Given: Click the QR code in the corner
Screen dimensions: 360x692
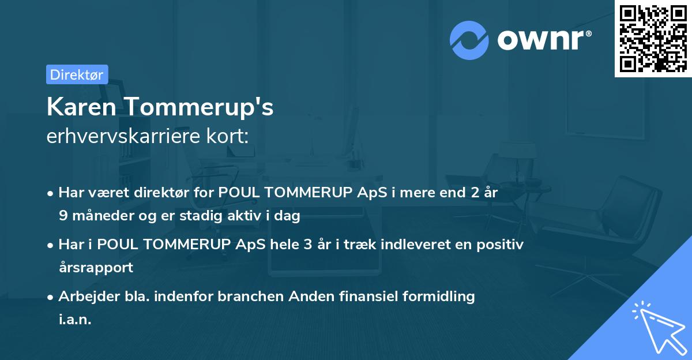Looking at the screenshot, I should point(653,39).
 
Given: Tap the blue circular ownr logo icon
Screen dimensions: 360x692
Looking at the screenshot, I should point(469,40).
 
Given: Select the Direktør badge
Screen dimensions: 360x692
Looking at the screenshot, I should point(77,74).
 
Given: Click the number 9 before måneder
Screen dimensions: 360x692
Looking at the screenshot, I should point(62,216).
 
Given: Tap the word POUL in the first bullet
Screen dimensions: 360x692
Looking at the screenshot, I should point(236,193).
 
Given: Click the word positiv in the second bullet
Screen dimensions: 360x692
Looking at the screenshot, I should point(503,245).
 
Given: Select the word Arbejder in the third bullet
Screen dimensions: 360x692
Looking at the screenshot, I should point(84,297).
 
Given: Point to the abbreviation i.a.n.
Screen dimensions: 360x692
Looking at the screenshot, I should point(75,319).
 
